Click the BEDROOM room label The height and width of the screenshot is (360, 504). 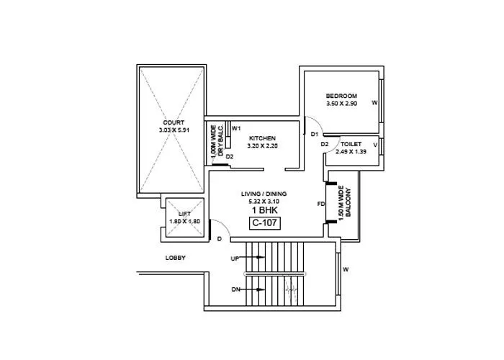click(341, 96)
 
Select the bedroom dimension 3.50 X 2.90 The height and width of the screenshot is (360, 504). click(341, 104)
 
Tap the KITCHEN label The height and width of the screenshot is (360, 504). click(262, 138)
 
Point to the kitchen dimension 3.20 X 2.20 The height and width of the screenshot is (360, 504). click(262, 145)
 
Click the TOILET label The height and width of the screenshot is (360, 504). click(351, 144)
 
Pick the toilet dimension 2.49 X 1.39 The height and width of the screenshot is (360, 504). click(351, 152)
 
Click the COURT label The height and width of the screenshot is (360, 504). click(174, 122)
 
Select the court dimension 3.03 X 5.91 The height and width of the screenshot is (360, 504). click(174, 130)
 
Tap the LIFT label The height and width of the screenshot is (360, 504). click(184, 214)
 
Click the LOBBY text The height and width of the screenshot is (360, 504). click(176, 257)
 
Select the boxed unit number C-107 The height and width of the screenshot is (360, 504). click(264, 223)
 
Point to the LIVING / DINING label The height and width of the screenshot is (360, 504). click(264, 194)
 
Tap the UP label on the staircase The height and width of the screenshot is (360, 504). click(235, 258)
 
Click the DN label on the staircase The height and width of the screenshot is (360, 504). click(235, 289)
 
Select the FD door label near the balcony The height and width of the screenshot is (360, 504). click(321, 204)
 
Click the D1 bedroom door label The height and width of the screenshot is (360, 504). click(315, 134)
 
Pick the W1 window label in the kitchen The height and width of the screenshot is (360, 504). click(236, 127)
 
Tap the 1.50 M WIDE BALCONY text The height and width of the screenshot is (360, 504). click(347, 204)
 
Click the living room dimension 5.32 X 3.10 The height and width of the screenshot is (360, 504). click(264, 202)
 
